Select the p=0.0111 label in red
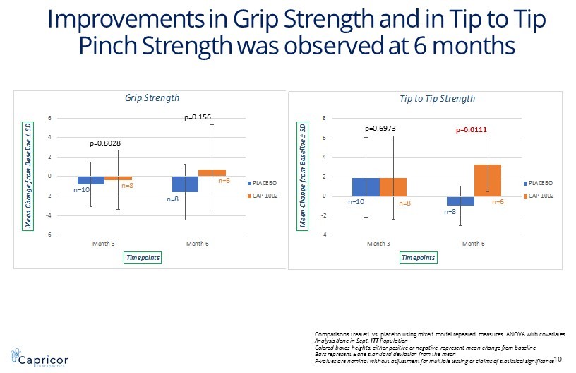472,129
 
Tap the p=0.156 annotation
198,117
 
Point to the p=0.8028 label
105,143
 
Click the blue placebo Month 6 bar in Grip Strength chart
185,184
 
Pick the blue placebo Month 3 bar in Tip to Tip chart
366,186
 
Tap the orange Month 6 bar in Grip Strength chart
212,172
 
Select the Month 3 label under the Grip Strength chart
104,244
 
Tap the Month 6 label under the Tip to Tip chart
473,244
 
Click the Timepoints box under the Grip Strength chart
143,258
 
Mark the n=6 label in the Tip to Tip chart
497,202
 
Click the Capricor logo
36,356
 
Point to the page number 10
558,359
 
